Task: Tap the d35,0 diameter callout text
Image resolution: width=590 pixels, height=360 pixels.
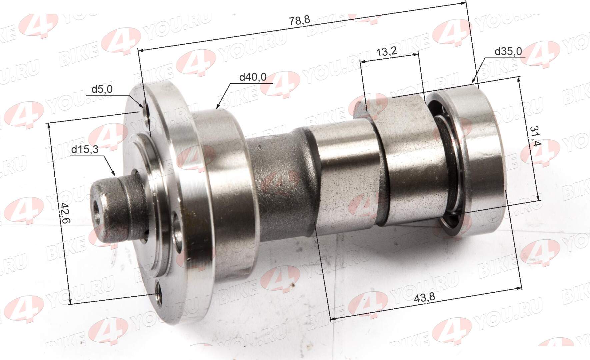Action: point(508,51)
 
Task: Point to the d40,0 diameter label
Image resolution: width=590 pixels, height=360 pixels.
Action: point(253,77)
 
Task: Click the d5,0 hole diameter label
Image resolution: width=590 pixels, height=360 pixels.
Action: point(102,89)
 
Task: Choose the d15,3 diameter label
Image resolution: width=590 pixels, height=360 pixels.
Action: point(85,150)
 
